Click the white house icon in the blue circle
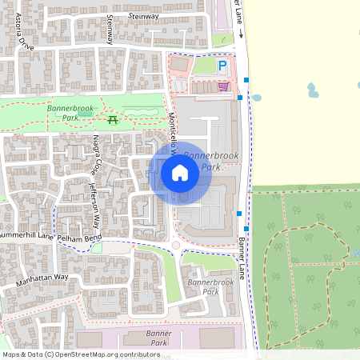[180, 172]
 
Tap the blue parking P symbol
[223, 67]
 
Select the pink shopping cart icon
[223, 86]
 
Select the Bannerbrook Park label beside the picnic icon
[70, 111]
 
